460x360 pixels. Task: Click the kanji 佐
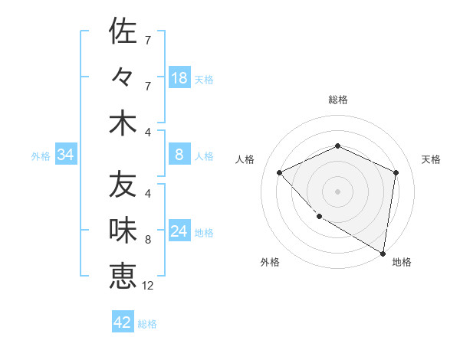123,31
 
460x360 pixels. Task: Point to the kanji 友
123,185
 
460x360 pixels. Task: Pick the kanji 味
123,231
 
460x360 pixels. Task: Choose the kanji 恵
123,276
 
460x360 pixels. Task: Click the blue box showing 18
179,78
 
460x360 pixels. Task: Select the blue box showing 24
179,232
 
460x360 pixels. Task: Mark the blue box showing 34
65,155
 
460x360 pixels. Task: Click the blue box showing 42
123,322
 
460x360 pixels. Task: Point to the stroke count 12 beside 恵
148,286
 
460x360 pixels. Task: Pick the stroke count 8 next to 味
148,240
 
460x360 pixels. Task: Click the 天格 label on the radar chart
431,159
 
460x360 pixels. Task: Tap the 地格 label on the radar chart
402,262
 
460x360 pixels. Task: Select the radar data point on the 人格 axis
280,172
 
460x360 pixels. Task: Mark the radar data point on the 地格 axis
383,254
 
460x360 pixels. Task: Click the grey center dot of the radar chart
337,191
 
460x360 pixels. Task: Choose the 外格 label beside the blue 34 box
41,156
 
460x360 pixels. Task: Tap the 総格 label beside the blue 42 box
147,324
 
